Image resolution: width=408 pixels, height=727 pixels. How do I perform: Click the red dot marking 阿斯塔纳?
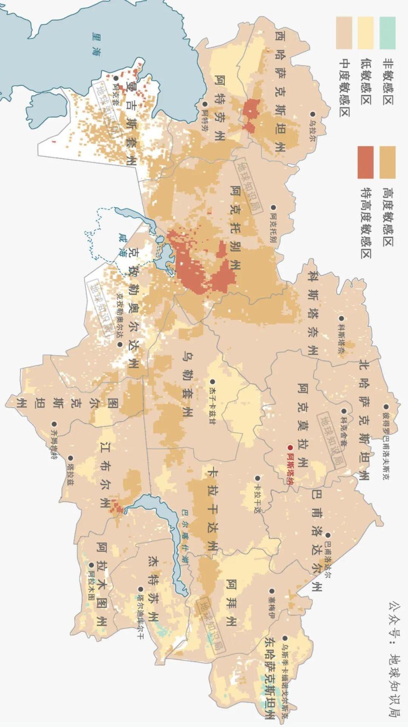coord(290,447)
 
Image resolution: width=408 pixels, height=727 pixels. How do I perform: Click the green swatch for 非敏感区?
coord(387,33)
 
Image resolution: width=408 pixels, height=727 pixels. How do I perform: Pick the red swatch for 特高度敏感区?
coord(365,162)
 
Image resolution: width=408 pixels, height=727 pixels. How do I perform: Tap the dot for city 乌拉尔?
coord(312,114)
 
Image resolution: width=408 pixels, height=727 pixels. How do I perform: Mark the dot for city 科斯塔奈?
coord(341,318)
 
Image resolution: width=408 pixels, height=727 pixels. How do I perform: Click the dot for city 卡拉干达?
coord(257,479)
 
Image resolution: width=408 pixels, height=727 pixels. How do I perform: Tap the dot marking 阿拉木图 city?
coord(91,565)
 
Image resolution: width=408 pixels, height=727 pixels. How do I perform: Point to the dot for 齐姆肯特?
coord(54,424)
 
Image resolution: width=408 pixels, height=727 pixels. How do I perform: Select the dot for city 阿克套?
coord(115,78)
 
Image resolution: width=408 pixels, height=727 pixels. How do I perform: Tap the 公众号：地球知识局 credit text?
coord(394,659)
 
